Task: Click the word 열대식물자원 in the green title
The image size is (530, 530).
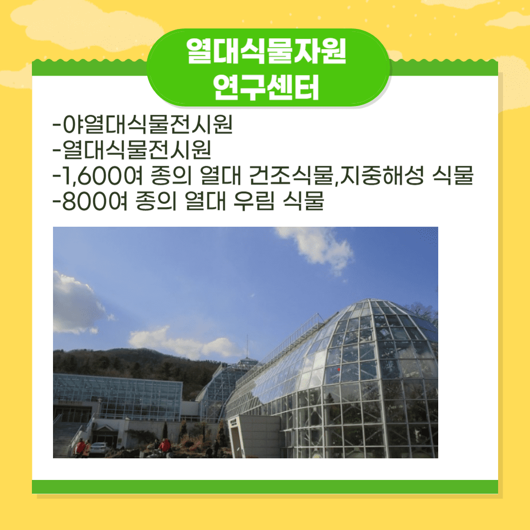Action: [x=266, y=51]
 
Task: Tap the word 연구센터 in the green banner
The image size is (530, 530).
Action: [x=266, y=87]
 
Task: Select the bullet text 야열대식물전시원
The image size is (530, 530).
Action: [x=148, y=125]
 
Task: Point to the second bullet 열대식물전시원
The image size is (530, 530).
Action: [x=137, y=150]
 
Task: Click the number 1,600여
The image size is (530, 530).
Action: [x=103, y=176]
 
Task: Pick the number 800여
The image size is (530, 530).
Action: [x=95, y=201]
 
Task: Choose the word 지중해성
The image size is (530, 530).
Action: [x=382, y=176]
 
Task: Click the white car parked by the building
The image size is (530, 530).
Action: [x=99, y=449]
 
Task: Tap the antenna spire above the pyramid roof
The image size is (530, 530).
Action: [x=247, y=346]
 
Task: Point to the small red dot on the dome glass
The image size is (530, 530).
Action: [x=339, y=370]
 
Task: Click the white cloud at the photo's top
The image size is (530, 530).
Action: [x=316, y=248]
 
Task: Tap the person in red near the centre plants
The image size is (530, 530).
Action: [x=165, y=446]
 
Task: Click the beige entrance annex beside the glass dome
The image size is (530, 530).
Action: [x=254, y=436]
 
